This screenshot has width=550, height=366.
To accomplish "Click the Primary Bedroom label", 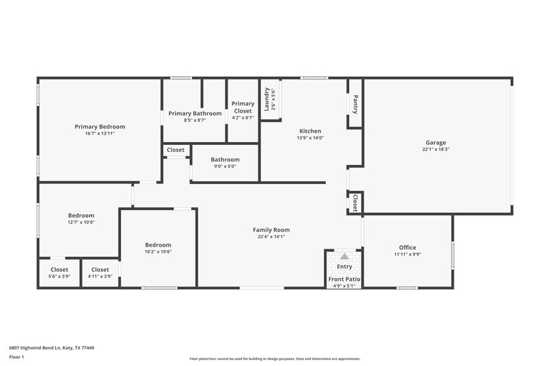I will tap(100, 126).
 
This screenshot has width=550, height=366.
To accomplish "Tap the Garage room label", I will tap(435, 142).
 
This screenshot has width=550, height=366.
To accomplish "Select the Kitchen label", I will tap(309, 130).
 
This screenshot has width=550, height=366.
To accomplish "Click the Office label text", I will tap(407, 247).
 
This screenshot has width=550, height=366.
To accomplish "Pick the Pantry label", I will tap(355, 104).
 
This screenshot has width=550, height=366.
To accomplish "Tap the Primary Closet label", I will tap(243, 107).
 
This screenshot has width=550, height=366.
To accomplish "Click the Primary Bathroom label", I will tap(195, 113).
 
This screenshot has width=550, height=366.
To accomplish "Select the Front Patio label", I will tap(344, 279).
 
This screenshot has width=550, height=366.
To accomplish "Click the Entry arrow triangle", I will tap(344, 256).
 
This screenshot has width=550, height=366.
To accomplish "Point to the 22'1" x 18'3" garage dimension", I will tap(435, 149).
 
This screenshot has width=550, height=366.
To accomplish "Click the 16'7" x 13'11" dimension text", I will tap(100, 133).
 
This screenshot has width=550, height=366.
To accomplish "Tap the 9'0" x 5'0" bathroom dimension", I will tap(225, 165).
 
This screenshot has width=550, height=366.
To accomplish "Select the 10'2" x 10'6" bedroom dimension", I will tap(157, 251).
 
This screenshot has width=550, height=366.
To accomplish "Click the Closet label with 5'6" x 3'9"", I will tap(59, 270).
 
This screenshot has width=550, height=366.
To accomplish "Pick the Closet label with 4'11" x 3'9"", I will tap(100, 270).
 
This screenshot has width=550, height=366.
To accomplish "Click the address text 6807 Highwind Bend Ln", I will tap(51, 347).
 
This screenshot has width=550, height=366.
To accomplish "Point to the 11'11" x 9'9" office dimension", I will tap(407, 254).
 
